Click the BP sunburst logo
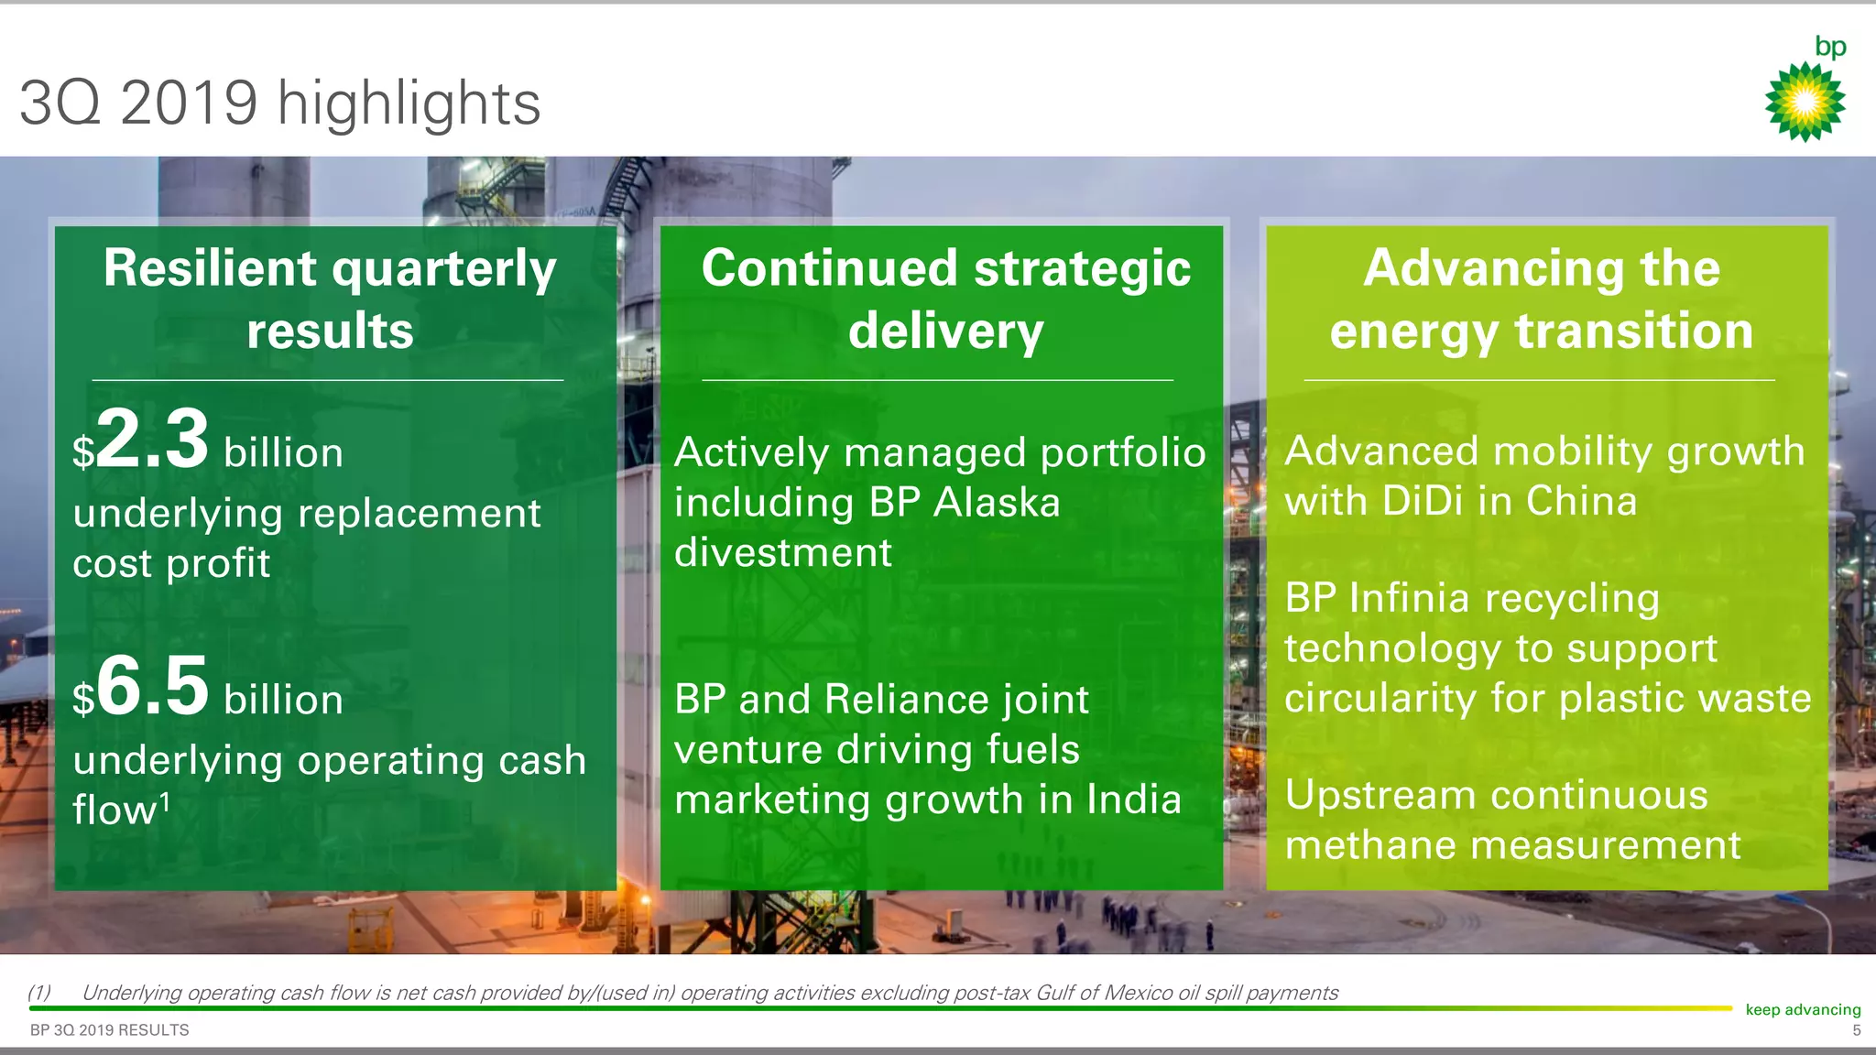pyautogui.click(x=1805, y=101)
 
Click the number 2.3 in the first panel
pyautogui.click(x=152, y=440)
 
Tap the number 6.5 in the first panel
pyautogui.click(x=152, y=686)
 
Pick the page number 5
pyautogui.click(x=1856, y=1030)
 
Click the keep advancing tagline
pyautogui.click(x=1803, y=1009)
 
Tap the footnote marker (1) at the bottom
pyautogui.click(x=39, y=993)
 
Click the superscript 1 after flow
pyautogui.click(x=165, y=802)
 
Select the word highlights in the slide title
pyautogui.click(x=409, y=103)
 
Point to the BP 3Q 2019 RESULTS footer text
pyautogui.click(x=109, y=1030)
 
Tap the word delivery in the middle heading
pyautogui.click(x=945, y=332)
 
